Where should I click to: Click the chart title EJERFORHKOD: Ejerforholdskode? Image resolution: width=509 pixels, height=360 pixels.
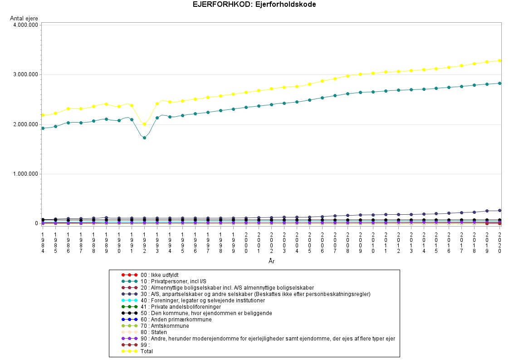tap(254, 5)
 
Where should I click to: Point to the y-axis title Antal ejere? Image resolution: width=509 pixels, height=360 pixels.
tap(24, 18)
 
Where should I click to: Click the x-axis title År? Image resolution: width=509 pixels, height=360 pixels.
tap(271, 261)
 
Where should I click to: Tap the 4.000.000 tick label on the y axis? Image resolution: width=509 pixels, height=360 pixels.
tap(26, 25)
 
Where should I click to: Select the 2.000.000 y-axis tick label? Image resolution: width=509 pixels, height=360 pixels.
tap(26, 124)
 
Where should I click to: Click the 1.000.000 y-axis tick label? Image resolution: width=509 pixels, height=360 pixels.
tap(26, 174)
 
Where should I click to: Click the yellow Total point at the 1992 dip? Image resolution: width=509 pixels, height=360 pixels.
tap(144, 124)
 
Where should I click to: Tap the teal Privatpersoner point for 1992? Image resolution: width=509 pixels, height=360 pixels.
tap(144, 138)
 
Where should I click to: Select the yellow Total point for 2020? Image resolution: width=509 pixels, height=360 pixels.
tap(499, 60)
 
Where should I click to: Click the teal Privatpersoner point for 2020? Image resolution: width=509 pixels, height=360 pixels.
tap(499, 83)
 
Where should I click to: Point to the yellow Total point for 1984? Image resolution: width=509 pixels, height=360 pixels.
tap(43, 115)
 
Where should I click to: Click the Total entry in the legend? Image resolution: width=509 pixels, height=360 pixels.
tap(147, 351)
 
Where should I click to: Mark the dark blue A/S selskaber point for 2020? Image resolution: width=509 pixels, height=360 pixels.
tap(499, 211)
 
